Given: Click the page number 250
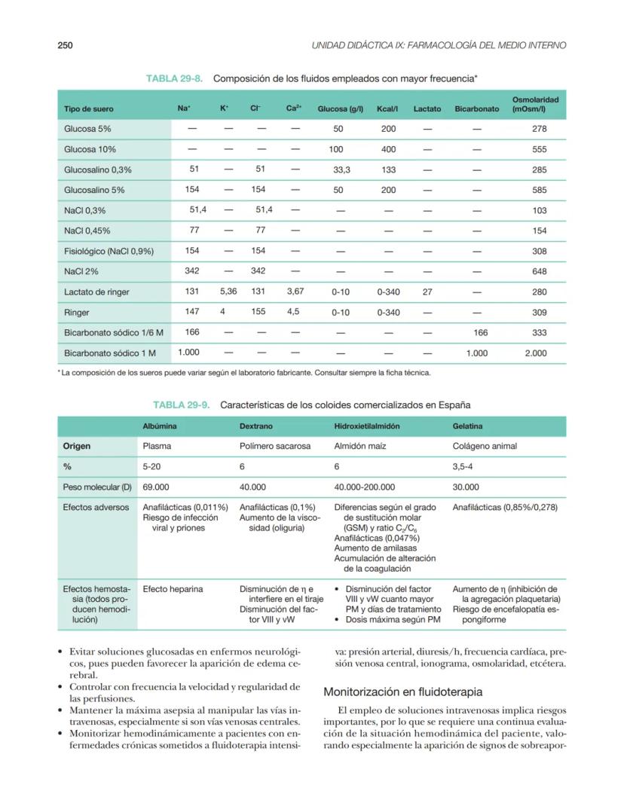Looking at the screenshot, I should pos(65,46).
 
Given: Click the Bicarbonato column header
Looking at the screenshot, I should pos(476,109).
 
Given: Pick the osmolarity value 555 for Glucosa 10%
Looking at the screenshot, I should pos(539,150).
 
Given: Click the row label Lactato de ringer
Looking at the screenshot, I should pos(96,292).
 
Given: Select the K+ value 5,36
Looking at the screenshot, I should pos(228,292).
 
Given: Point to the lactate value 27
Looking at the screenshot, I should pos(427,292).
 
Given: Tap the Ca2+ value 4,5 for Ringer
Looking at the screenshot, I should pos(293,311).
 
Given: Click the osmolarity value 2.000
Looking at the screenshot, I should pos(536,353).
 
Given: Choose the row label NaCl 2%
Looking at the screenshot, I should pos(81,271).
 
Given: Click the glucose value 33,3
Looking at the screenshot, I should pos(341,170).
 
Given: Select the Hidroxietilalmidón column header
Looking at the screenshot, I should pos(367,426).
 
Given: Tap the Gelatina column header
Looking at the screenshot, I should pos(468,426).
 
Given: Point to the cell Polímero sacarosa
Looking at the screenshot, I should pos(274,446).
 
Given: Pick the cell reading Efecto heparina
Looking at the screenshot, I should pos(173,589).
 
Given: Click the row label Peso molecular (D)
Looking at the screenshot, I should pos(97,487).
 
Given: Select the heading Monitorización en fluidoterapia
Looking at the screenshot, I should pos(402,692).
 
